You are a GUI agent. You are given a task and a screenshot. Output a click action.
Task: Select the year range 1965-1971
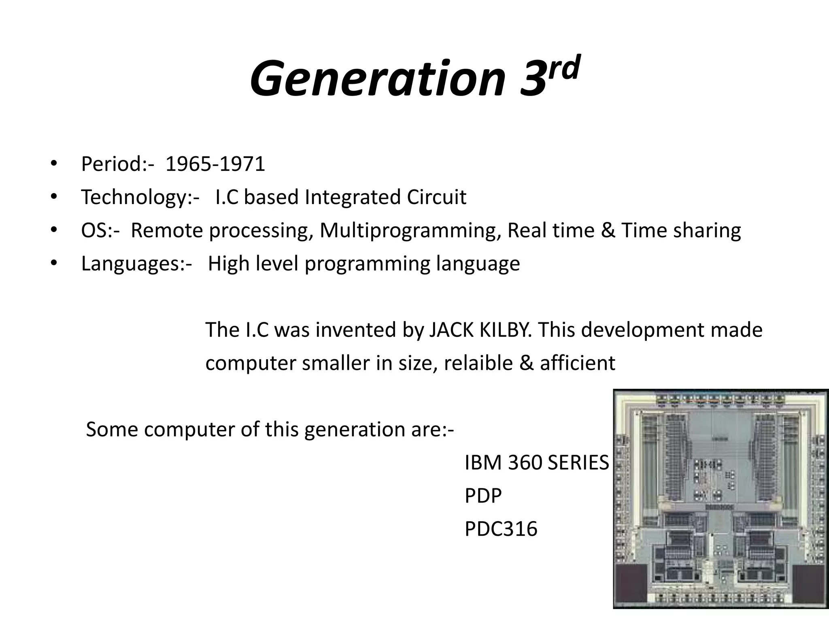tap(215, 164)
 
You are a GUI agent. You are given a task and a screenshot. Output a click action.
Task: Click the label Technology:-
tap(140, 198)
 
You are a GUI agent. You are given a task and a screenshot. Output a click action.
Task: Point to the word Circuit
tap(436, 197)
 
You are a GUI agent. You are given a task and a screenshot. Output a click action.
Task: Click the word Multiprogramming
tap(408, 230)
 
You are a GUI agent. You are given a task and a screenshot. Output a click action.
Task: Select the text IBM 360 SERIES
tap(536, 462)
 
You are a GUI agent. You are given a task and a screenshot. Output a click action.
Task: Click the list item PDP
tap(483, 496)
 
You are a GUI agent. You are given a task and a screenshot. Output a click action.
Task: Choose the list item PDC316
tap(501, 529)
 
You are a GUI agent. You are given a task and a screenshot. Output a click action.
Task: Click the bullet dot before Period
tap(53, 164)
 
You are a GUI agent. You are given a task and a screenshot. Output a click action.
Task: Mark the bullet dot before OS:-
tap(53, 230)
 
